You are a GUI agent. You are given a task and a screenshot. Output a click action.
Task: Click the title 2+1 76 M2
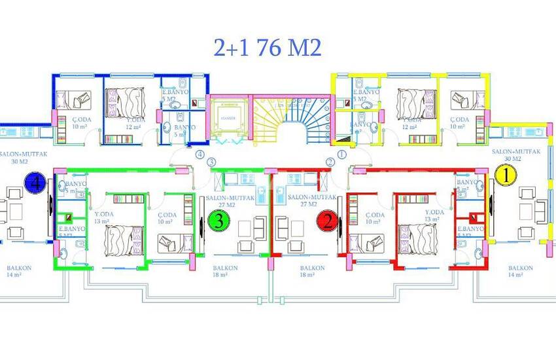(x=268, y=47)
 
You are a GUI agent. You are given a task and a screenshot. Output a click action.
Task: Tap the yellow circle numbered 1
(x=504, y=175)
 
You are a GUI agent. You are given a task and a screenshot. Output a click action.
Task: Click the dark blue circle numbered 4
(x=33, y=182)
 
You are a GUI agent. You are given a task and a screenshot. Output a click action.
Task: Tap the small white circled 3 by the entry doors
(x=211, y=162)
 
